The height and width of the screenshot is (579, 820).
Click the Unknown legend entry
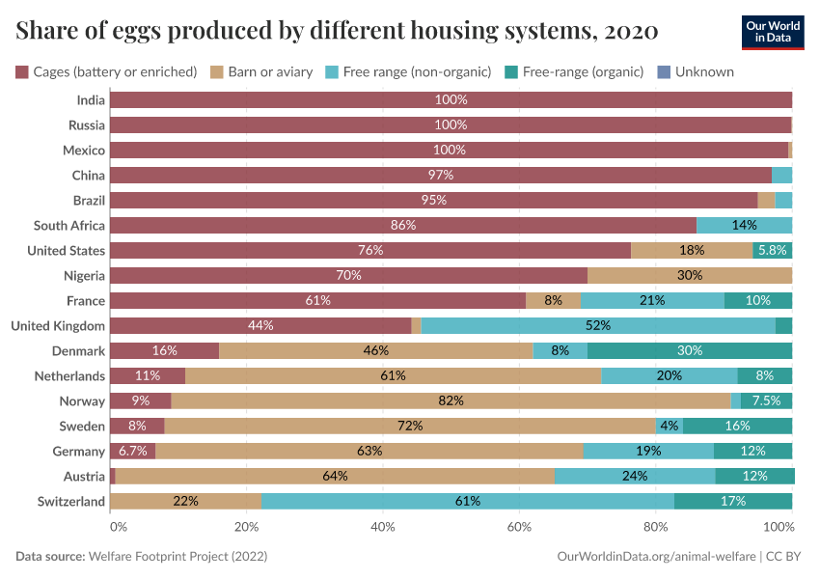tap(697, 71)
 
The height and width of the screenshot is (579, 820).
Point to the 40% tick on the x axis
tap(383, 527)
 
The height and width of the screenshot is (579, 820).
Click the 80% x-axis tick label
tap(656, 527)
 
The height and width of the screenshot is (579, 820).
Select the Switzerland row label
tap(70, 501)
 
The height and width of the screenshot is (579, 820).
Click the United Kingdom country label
tap(58, 325)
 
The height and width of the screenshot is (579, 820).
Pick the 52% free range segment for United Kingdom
tap(598, 325)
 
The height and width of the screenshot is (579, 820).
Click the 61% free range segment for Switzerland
tap(468, 501)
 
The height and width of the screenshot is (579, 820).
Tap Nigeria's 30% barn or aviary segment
tap(690, 275)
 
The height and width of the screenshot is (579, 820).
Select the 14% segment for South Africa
tap(744, 225)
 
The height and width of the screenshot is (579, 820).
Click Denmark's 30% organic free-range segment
tap(690, 350)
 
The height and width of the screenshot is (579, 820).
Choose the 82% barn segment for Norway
tap(451, 400)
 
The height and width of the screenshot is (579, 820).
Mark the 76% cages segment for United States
tap(370, 250)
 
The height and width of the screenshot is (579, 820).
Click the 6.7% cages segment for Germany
tap(132, 451)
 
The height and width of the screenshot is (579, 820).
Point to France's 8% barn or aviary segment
tap(553, 300)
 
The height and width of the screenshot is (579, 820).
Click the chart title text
tap(337, 31)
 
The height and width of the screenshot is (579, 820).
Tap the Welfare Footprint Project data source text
tap(178, 557)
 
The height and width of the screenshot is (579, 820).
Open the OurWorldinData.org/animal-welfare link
tap(656, 557)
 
